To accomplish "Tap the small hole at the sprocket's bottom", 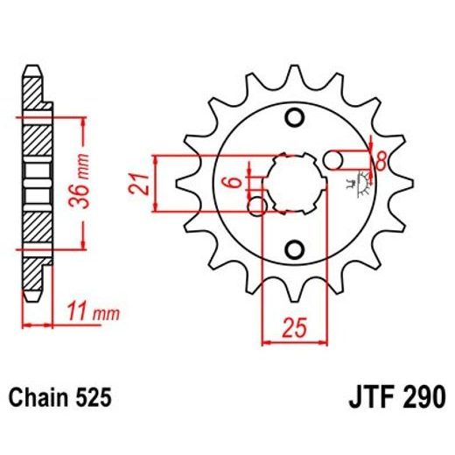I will point(295,248).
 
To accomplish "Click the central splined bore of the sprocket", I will point(295,183).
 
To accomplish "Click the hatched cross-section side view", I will point(33,197).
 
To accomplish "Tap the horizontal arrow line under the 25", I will point(293,343).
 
